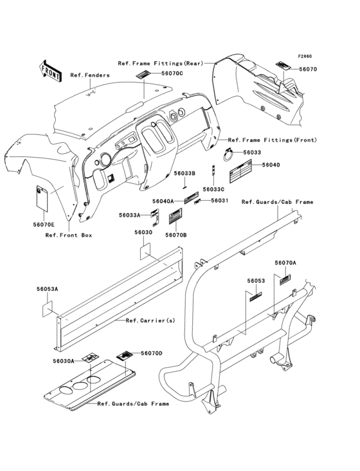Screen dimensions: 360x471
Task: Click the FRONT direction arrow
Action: pos(50,71)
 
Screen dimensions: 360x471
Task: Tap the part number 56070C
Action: pos(172,73)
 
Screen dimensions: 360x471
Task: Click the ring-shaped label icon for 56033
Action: pos(230,155)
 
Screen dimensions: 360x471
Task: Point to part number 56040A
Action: pos(163,201)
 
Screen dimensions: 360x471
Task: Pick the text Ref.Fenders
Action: pos(90,75)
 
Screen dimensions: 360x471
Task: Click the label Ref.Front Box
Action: pos(69,235)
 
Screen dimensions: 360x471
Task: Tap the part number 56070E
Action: pos(44,224)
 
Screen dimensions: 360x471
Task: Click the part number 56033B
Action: pos(184,173)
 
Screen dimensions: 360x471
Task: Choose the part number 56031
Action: pos(220,200)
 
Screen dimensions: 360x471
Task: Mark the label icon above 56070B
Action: pos(175,216)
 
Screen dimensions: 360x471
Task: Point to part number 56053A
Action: pos(48,289)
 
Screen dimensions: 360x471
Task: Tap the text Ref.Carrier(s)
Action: pos(150,320)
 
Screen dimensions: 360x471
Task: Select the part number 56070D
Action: pos(152,353)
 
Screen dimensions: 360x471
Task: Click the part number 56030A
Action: pos(63,361)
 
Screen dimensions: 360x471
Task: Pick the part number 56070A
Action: pos(285,263)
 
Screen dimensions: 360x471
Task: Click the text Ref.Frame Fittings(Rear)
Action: pos(161,64)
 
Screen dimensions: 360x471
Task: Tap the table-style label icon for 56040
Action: pos(240,172)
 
